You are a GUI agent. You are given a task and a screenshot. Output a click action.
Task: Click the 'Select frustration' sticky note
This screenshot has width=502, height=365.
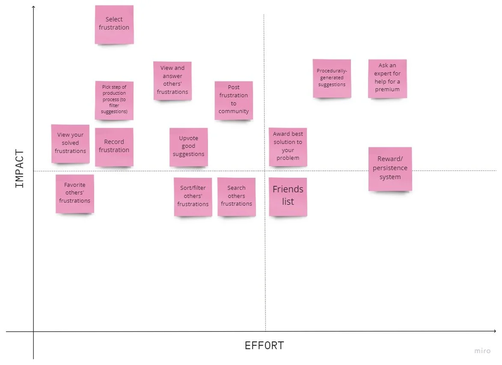click(114, 24)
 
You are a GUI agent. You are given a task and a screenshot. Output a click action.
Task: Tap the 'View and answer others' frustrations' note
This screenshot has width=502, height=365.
click(172, 80)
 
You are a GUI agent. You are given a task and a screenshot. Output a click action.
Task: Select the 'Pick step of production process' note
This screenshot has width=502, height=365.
click(114, 100)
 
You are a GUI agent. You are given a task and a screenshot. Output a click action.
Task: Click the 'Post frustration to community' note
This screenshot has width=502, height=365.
click(234, 100)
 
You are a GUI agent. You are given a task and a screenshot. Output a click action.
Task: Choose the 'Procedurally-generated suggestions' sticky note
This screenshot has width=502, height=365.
click(332, 78)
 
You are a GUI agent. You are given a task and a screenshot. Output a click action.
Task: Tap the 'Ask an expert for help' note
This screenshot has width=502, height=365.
click(387, 78)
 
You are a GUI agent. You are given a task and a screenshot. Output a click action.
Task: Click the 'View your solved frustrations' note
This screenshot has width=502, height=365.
click(71, 144)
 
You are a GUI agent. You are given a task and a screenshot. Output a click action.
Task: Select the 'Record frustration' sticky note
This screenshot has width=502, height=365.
click(114, 147)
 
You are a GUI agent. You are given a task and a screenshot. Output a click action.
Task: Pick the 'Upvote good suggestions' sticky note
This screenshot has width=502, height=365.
click(189, 147)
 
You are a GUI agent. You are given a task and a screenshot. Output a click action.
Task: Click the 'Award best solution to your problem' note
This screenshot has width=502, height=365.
click(288, 147)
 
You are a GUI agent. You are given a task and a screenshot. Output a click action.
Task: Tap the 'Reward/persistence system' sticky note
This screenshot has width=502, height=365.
click(390, 169)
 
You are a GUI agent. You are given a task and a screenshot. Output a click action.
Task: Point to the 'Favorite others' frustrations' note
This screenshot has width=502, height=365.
click(75, 193)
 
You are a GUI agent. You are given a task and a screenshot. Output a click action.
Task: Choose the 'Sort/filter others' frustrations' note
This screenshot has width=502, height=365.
click(193, 197)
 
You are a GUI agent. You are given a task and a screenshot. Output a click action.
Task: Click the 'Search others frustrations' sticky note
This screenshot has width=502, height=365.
click(237, 197)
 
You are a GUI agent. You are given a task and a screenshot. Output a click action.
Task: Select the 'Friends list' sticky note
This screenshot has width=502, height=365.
click(288, 196)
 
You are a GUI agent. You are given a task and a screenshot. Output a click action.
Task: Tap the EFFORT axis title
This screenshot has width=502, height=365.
click(264, 346)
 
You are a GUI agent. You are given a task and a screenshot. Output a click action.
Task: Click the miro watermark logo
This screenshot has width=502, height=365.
click(482, 351)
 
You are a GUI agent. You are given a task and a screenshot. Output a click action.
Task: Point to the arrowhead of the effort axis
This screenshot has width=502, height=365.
click(495, 331)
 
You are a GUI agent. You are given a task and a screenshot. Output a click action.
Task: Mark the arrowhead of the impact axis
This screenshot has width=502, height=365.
click(33, 7)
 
